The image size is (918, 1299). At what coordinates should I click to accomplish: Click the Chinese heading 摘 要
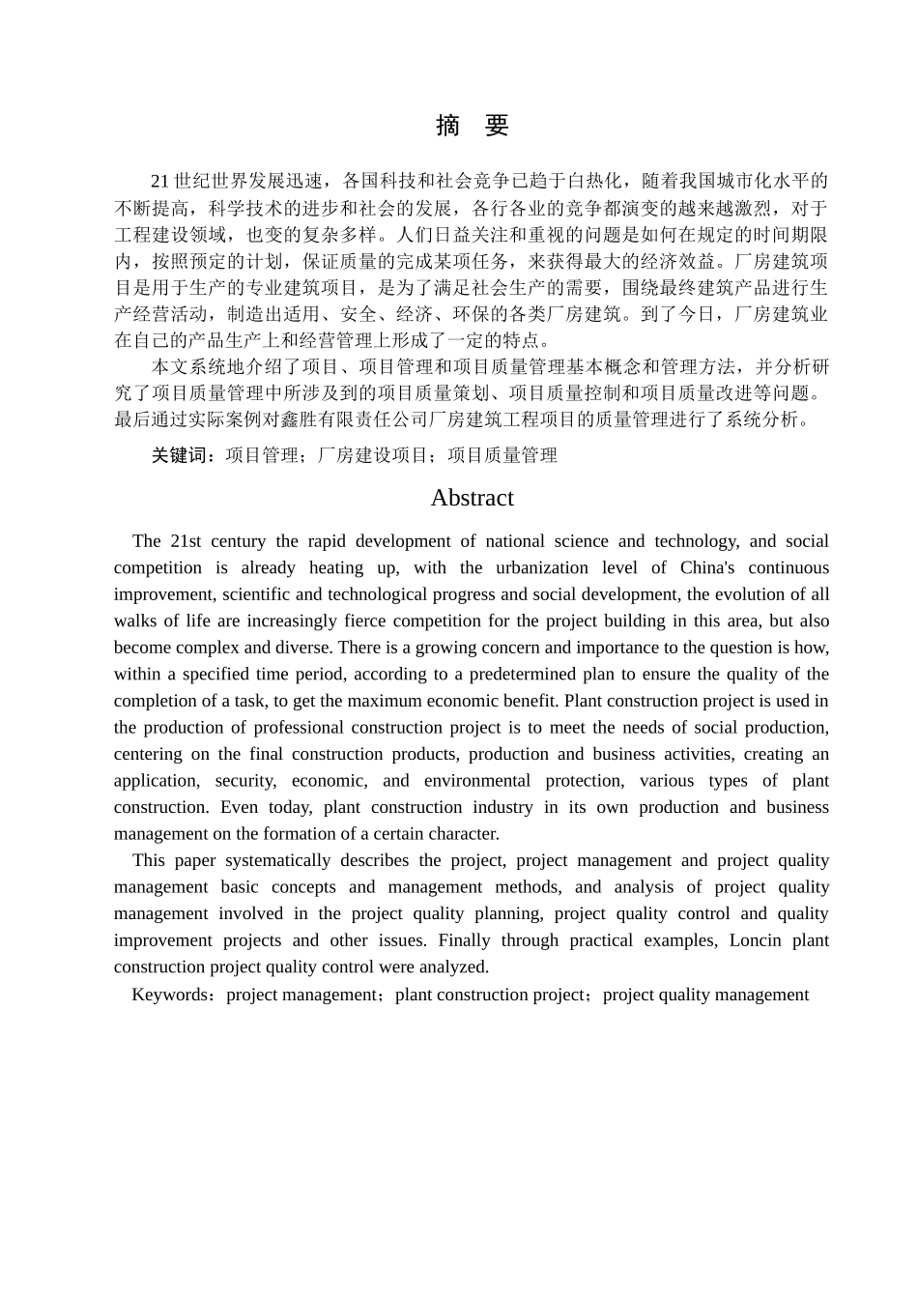(x=472, y=126)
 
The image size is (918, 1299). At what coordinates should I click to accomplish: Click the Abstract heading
(x=472, y=498)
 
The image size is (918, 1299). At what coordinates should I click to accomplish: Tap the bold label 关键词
(x=184, y=455)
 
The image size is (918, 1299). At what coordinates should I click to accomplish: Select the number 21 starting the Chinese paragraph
(x=160, y=181)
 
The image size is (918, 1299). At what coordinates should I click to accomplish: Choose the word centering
(x=148, y=754)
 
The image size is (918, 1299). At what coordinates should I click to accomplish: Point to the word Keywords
(x=169, y=995)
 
